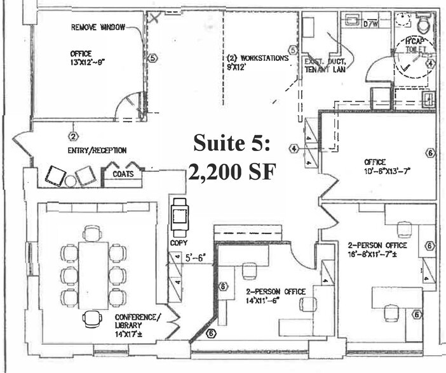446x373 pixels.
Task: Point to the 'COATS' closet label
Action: pos(123,174)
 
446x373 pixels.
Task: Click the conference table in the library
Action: pos(93,274)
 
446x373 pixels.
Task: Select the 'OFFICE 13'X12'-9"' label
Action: pos(82,58)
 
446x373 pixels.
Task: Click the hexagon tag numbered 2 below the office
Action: pos(73,136)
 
